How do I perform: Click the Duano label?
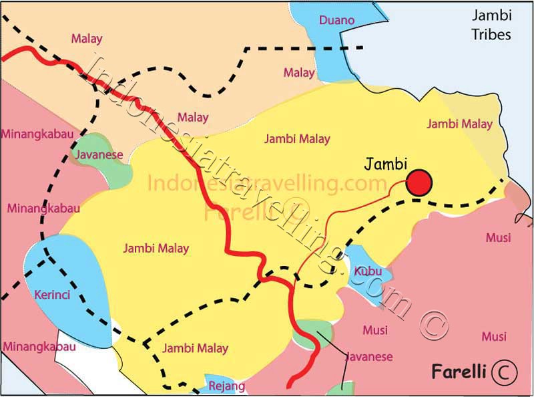tap(337, 20)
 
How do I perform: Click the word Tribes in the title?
tap(491, 34)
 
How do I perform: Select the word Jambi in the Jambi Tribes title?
tap(491, 15)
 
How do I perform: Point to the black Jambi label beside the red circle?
tap(386, 162)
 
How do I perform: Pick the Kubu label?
tap(368, 271)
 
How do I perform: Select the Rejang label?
tap(227, 386)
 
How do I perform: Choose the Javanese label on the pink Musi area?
tap(369, 357)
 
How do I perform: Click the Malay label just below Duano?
tap(298, 72)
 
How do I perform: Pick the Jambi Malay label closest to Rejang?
tap(195, 348)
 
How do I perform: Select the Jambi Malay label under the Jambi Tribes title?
tap(459, 124)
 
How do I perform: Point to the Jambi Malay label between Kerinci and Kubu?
tap(156, 249)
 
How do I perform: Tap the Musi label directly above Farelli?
tap(494, 336)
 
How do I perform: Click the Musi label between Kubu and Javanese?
tap(374, 330)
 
